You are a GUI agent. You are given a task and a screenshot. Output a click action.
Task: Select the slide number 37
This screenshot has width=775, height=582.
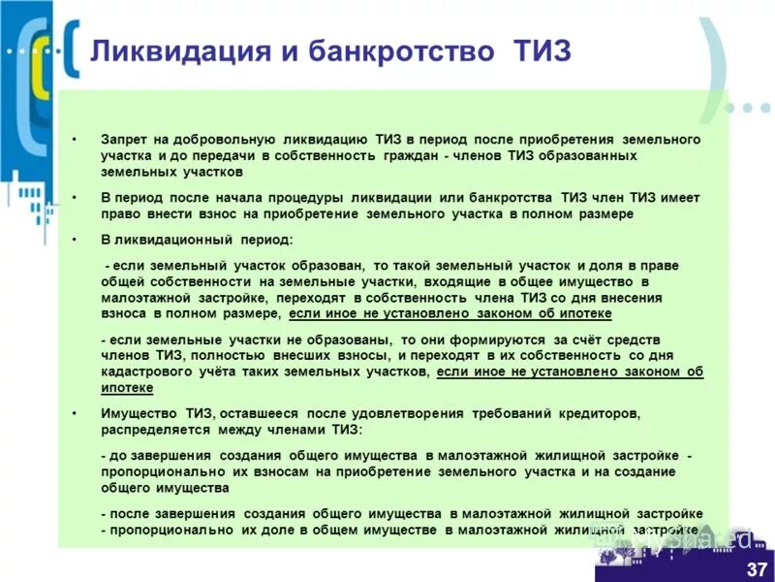757,567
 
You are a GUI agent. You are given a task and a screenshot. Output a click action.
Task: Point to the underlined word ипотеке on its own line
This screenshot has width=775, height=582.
127,387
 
